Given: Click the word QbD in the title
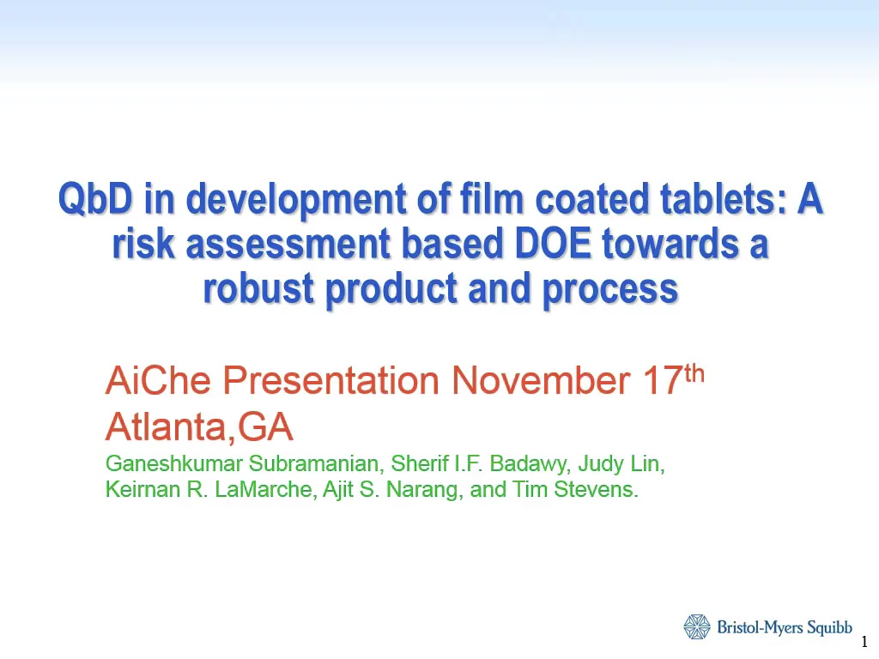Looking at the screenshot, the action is point(95,199).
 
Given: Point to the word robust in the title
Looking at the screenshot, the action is point(258,288).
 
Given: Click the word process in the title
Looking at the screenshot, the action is point(610,290).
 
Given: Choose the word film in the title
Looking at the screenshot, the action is point(492,199).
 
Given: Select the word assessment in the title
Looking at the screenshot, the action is point(288,245).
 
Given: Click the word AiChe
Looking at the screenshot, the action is point(158,380).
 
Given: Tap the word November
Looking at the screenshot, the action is point(541,380).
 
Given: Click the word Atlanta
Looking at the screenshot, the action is point(167,426).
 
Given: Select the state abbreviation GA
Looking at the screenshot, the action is point(264,426).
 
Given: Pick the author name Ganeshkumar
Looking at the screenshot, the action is point(173,464).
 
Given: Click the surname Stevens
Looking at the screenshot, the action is point(596,489).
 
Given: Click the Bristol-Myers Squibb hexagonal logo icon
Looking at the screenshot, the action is point(697,627).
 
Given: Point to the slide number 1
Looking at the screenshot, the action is point(864,641).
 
